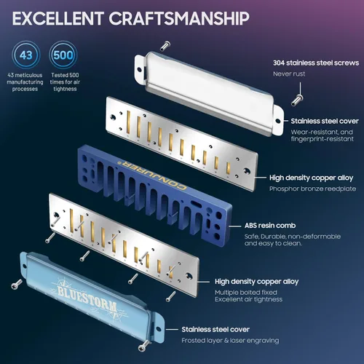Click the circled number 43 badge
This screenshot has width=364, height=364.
[26, 55]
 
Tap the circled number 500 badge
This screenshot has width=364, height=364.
[63, 55]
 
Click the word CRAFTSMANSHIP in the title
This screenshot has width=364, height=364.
[179, 18]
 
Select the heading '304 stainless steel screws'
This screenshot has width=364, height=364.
[316, 63]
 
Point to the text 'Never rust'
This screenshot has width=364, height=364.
[289, 74]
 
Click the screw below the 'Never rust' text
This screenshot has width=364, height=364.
[297, 100]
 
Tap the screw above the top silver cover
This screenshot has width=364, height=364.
[166, 45]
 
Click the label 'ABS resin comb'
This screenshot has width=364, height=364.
[270, 226]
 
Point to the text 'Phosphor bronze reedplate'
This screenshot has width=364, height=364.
[312, 189]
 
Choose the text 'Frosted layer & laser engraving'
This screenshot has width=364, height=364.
[230, 341]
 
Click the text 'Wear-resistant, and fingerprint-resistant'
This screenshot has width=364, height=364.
[323, 135]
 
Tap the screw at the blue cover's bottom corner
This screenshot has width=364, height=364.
[144, 346]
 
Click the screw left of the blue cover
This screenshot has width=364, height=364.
[17, 284]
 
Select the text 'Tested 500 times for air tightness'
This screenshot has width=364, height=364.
[65, 82]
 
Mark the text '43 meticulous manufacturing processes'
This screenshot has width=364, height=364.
[25, 82]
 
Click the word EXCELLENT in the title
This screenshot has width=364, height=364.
[58, 18]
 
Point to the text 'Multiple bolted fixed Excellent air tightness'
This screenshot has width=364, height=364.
[248, 296]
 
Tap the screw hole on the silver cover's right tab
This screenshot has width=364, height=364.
[278, 121]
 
